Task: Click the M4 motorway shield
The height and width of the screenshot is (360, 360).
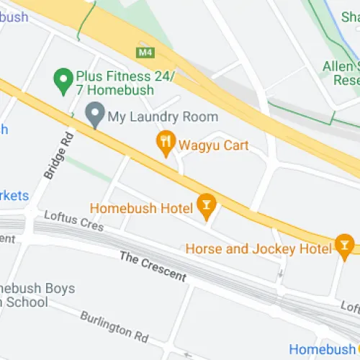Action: coord(145,53)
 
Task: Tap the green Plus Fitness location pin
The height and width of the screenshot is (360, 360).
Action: coord(63,77)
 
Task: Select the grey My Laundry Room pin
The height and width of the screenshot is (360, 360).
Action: coord(94,114)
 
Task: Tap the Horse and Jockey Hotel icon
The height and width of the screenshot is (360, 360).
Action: coord(344,246)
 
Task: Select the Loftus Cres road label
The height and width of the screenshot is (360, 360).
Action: coord(73,220)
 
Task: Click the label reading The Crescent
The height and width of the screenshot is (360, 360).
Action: coord(153,266)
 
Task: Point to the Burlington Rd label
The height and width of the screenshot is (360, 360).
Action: coord(114,326)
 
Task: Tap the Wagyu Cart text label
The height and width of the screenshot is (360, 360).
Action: coord(214,146)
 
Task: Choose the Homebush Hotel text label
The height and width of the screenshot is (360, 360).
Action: coord(141,208)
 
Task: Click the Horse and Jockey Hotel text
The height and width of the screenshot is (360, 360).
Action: coord(258,248)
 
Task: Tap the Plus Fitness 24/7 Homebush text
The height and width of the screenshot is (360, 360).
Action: coord(115,83)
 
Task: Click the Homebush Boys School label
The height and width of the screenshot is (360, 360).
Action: coord(36,295)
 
